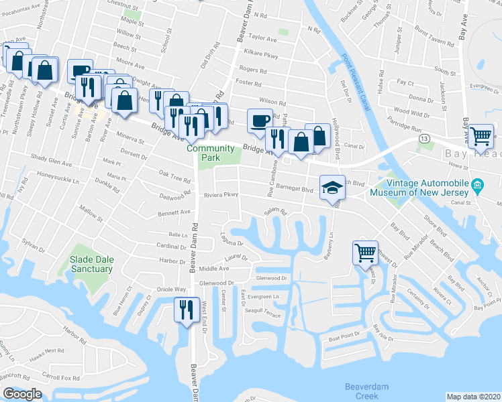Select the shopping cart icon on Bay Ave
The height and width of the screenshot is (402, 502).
481,136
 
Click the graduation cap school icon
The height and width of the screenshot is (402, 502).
332,188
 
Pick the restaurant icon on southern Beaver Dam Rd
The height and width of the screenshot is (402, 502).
184,310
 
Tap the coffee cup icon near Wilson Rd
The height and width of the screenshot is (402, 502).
260,120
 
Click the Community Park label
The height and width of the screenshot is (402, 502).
211,153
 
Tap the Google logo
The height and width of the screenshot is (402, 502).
22,394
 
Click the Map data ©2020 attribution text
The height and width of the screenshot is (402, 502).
473,397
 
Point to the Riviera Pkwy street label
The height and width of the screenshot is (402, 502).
222,195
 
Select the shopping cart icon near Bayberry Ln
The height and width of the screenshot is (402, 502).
366,253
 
